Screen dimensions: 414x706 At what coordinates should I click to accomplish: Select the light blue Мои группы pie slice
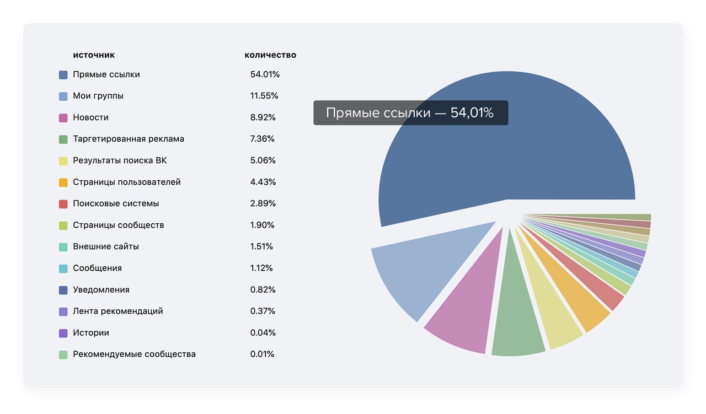pyautogui.click(x=430, y=270)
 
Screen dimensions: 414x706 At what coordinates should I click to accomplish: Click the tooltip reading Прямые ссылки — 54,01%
pyautogui.click(x=410, y=112)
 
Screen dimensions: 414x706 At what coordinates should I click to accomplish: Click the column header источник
pyautogui.click(x=94, y=55)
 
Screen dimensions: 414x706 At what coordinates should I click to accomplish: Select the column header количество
pyautogui.click(x=270, y=55)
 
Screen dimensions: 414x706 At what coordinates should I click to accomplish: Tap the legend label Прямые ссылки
pyautogui.click(x=106, y=74)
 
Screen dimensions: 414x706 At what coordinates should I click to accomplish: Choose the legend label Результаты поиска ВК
pyautogui.click(x=120, y=160)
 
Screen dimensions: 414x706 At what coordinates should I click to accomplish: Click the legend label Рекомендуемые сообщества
pyautogui.click(x=134, y=354)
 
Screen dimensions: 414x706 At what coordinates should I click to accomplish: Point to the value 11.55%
pyautogui.click(x=264, y=96)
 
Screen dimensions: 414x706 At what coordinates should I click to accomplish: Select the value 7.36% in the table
pyautogui.click(x=263, y=139)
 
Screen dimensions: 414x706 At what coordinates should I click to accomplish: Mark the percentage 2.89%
pyautogui.click(x=263, y=203)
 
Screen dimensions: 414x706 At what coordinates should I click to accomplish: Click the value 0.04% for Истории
pyautogui.click(x=263, y=332)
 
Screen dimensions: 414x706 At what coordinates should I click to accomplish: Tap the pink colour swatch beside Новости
pyautogui.click(x=63, y=117)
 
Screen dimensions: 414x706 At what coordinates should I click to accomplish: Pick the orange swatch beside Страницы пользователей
pyautogui.click(x=63, y=182)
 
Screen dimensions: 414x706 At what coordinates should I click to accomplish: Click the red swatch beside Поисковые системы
pyautogui.click(x=63, y=203)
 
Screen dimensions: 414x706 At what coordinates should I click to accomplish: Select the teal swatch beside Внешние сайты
pyautogui.click(x=63, y=246)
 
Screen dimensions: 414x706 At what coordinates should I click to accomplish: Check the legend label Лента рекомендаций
pyautogui.click(x=118, y=311)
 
